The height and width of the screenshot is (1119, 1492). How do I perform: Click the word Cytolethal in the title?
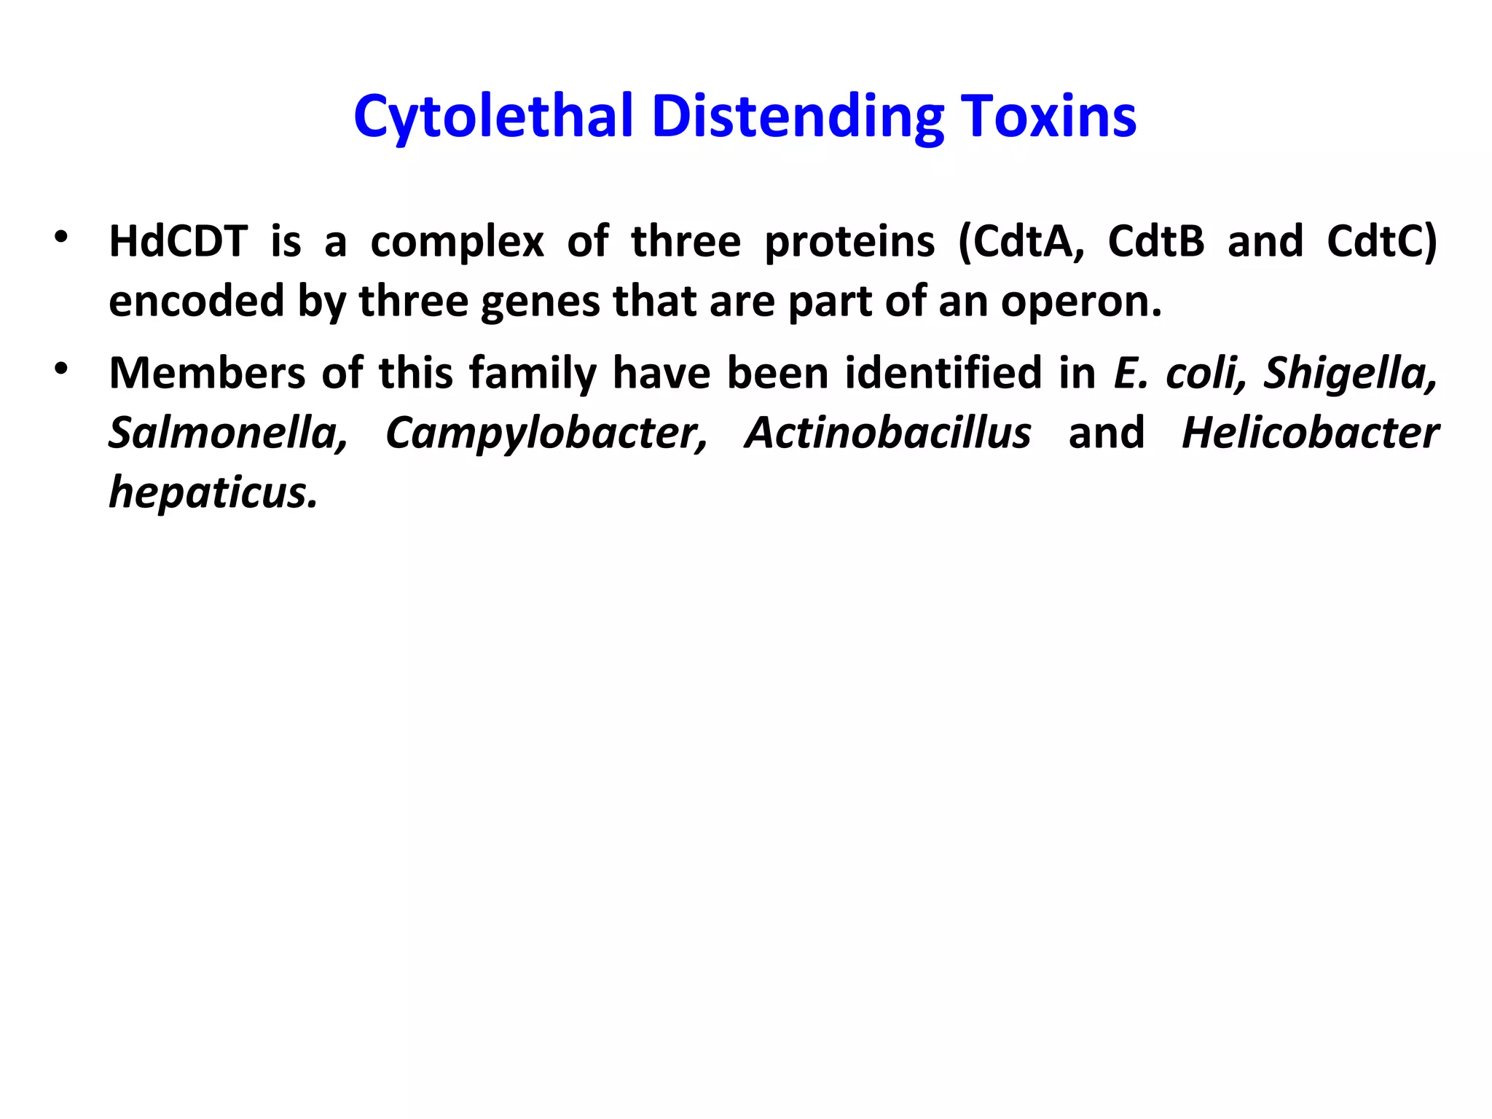pos(492,117)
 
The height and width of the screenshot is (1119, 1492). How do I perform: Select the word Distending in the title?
pos(797,117)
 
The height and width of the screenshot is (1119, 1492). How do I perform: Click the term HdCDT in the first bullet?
pos(178,241)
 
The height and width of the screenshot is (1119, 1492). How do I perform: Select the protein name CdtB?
pos(1156,241)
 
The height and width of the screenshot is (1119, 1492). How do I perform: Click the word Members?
pos(207,373)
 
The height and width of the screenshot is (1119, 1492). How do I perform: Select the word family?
pos(532,373)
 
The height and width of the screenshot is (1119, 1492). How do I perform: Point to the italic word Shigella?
pos(1350,373)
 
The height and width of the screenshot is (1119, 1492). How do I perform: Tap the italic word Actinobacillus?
pos(887,433)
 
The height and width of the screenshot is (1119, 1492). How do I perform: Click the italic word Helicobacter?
pos(1310,433)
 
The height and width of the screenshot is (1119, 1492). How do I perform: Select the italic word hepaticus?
pos(213,492)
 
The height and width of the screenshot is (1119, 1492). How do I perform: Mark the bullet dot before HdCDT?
pos(61,237)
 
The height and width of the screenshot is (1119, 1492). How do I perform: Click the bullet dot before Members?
pos(61,369)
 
